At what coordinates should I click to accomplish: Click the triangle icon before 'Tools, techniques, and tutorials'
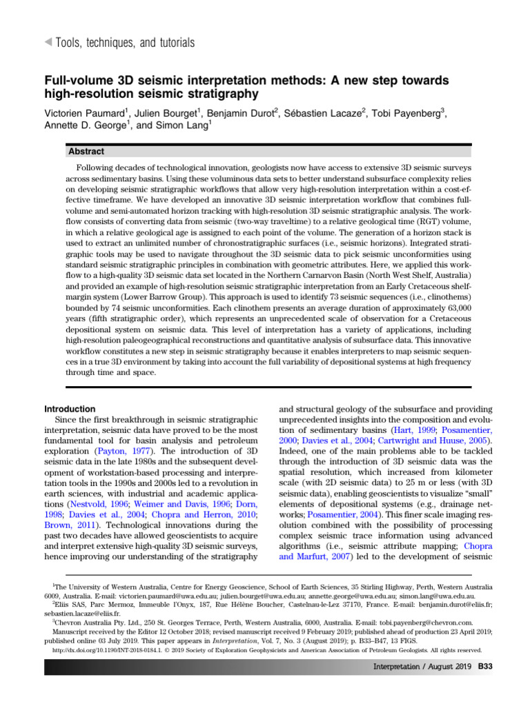(48, 43)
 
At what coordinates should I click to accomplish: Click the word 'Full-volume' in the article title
(75, 81)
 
